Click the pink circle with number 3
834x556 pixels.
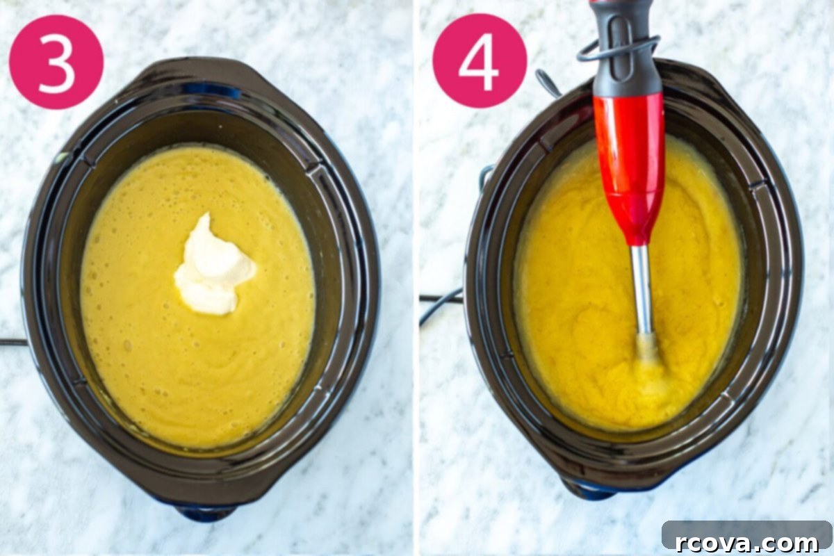[56, 62]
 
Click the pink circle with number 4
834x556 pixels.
[480, 60]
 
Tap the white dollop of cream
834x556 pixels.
[215, 265]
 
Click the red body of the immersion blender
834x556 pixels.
[628, 167]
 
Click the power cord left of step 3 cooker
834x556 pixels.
[13, 341]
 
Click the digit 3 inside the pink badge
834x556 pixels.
[56, 61]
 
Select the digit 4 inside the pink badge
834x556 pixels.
[479, 60]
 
